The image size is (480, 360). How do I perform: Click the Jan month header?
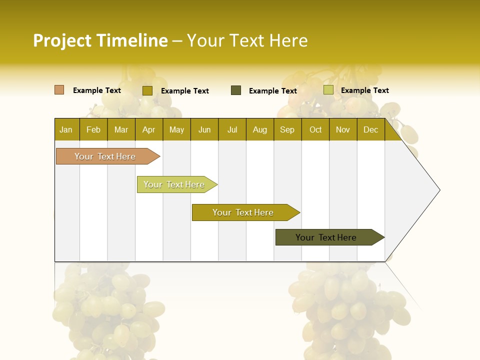click(66, 129)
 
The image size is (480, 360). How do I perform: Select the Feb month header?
click(93, 129)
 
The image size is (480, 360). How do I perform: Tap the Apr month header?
click(148, 129)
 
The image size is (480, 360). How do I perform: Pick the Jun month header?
click(204, 129)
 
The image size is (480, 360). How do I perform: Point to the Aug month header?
click(259, 129)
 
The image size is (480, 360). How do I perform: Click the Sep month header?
click(287, 129)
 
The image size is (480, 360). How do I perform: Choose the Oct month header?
click(315, 129)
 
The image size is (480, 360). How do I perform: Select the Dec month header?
click(370, 129)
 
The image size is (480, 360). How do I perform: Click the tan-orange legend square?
click(59, 90)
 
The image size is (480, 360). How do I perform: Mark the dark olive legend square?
click(236, 90)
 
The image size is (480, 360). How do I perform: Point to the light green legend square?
click(328, 90)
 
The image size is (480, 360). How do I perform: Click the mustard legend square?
click(147, 90)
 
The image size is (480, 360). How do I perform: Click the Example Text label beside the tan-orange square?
click(97, 90)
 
